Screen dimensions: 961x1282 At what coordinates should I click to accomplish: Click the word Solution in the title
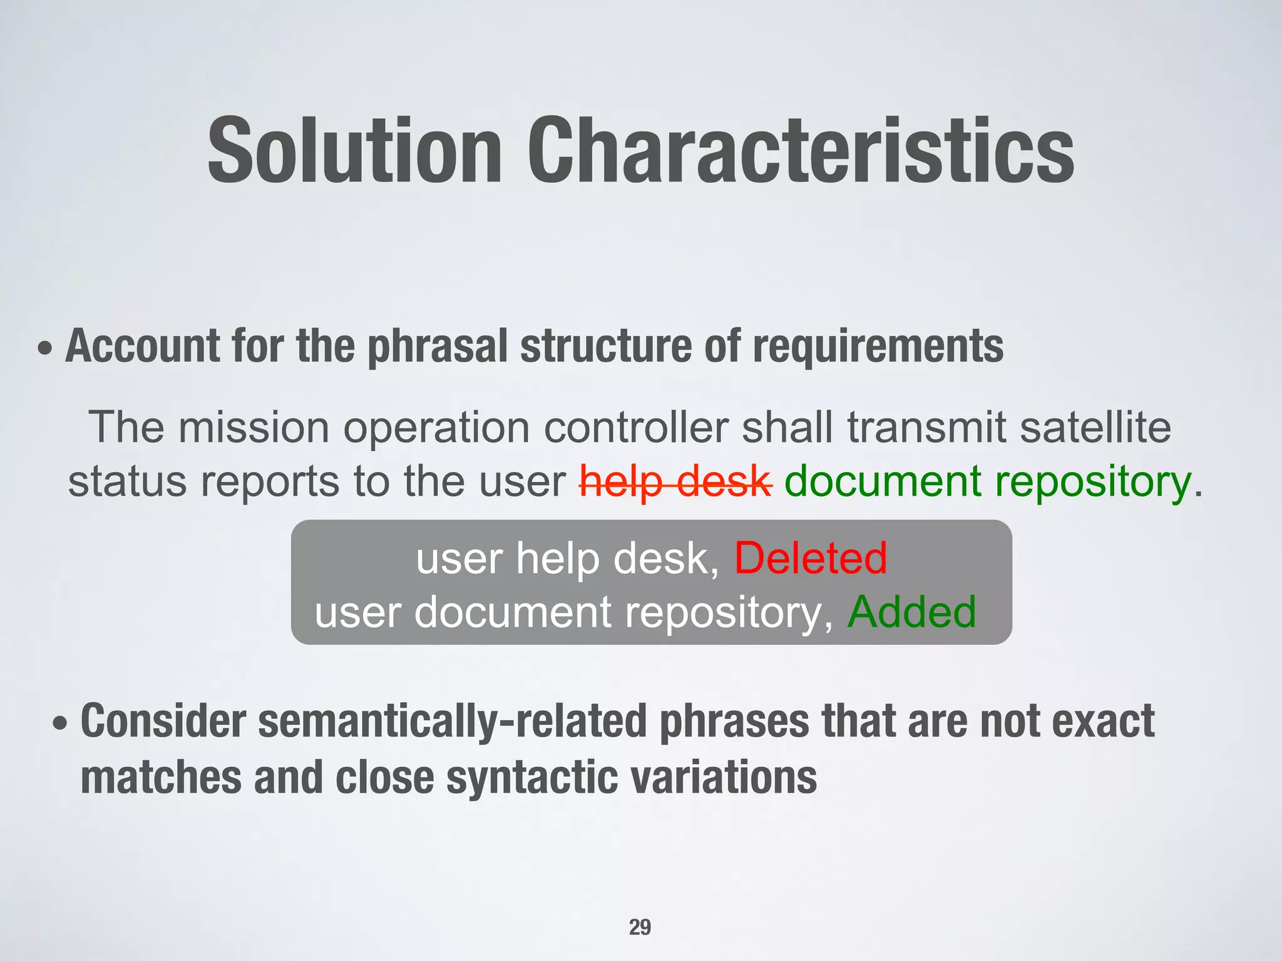(x=354, y=151)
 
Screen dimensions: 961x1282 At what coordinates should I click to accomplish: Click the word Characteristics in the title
(x=801, y=151)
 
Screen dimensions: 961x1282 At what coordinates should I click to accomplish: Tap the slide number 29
(x=640, y=927)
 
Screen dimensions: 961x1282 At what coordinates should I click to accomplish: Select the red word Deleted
(x=810, y=558)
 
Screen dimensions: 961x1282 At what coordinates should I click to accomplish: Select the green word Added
(x=911, y=612)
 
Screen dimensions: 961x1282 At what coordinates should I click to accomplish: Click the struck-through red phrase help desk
(x=675, y=482)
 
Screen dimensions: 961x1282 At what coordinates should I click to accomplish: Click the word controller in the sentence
(x=635, y=427)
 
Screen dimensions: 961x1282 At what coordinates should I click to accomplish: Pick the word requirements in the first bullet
(x=878, y=346)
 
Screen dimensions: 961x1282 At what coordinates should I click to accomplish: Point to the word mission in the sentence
(x=254, y=427)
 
